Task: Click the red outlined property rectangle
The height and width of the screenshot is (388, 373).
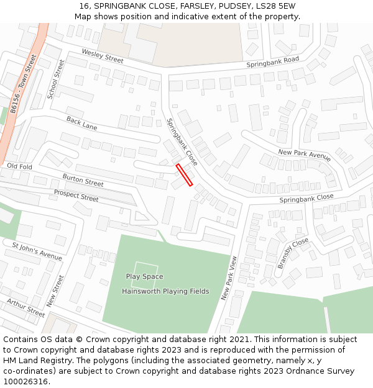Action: [x=184, y=175]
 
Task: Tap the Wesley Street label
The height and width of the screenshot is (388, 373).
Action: [x=103, y=56]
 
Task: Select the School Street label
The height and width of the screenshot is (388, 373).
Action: [x=56, y=79]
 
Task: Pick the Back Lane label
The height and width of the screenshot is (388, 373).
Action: [x=81, y=124]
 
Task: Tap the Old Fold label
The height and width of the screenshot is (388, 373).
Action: [x=19, y=167]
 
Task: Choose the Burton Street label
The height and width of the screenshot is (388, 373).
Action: [x=83, y=180]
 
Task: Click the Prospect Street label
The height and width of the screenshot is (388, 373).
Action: [x=76, y=196]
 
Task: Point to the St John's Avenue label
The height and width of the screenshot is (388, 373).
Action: [x=37, y=250]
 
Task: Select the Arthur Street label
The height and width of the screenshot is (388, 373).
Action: [x=26, y=307]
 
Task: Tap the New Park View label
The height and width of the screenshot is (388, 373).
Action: [x=229, y=279]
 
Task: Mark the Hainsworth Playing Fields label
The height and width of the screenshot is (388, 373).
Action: [x=165, y=291]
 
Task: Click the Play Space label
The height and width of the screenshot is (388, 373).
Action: [x=144, y=277]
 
